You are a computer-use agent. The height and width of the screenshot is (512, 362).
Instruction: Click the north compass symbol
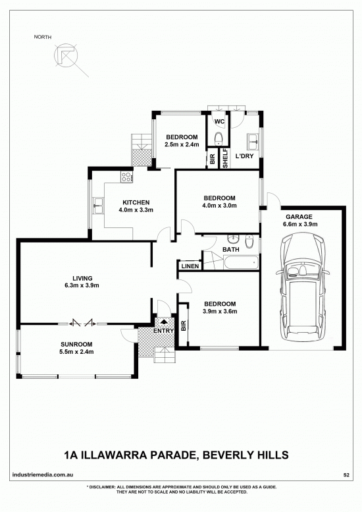click(66, 55)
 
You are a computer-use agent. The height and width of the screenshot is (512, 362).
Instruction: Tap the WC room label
click(219, 121)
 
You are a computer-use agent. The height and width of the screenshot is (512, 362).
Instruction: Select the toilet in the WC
click(219, 138)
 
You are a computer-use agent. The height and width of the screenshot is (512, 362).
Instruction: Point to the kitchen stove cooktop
click(126, 177)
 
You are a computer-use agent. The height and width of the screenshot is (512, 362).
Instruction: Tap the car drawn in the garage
click(303, 287)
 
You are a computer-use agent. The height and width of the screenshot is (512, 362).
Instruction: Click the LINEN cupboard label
click(190, 266)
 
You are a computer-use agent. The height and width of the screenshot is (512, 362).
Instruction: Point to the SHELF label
click(225, 158)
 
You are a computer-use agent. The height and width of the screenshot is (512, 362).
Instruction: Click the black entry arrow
click(164, 321)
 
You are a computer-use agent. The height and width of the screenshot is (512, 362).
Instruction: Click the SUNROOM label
click(76, 344)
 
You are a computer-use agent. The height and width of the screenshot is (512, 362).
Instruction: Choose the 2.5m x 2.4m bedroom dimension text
click(182, 144)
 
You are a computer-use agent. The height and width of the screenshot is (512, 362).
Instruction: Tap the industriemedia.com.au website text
click(43, 474)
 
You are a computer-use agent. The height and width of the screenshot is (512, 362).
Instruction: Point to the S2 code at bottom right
click(346, 475)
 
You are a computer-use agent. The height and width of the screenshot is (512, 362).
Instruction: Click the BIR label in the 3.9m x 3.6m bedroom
click(183, 326)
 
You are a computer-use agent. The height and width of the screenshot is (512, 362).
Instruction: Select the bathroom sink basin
click(234, 240)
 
